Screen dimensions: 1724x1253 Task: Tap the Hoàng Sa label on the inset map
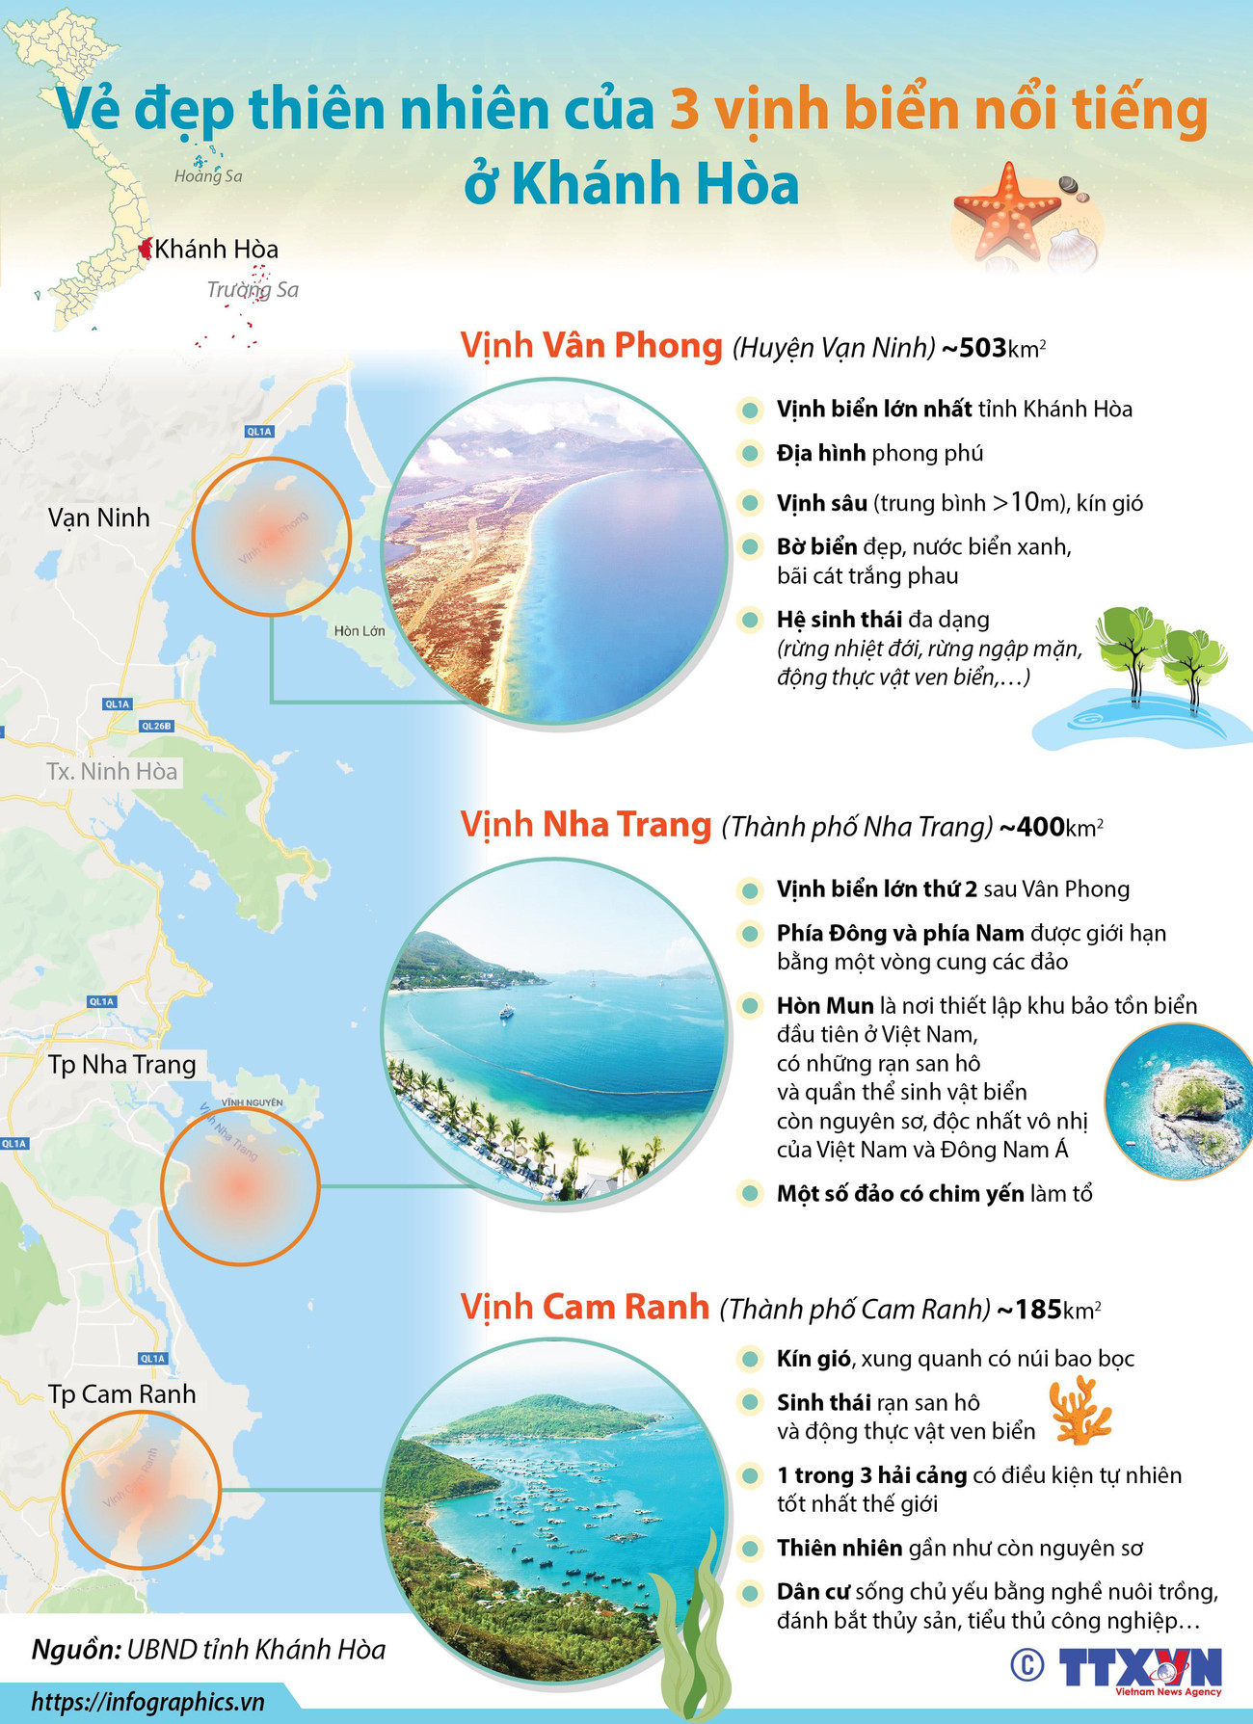point(208,175)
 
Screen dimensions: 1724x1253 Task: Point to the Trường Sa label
point(253,289)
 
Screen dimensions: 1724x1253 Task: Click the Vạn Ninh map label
point(99,517)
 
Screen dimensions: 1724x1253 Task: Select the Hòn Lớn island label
point(360,631)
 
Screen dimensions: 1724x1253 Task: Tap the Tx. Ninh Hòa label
point(112,772)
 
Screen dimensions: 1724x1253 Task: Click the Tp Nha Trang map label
point(122,1065)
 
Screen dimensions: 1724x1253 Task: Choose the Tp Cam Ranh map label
point(122,1394)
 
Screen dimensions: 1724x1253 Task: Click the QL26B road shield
point(155,726)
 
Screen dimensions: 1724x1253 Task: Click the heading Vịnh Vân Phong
point(591,345)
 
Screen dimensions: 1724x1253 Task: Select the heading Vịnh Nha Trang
point(586,825)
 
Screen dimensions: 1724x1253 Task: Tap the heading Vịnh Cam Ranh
point(585,1307)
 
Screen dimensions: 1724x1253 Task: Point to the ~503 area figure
point(979,348)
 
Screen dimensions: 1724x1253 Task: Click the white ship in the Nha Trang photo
point(505,1011)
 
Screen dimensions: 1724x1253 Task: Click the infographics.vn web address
point(147,1702)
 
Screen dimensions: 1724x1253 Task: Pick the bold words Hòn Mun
point(825,1006)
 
